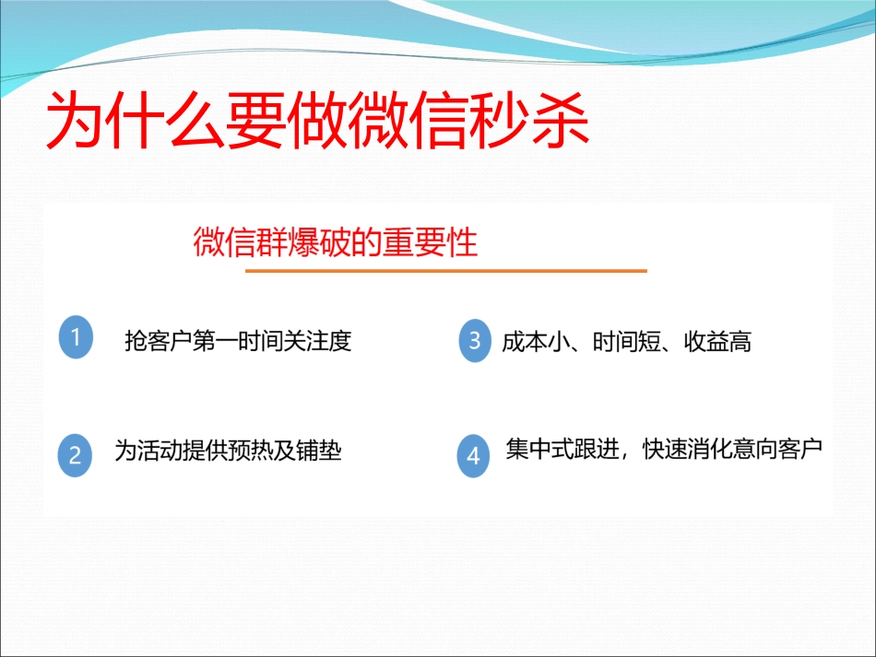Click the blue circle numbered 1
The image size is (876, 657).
[76, 337]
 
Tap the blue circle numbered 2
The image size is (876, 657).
[75, 455]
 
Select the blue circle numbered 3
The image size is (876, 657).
[475, 341]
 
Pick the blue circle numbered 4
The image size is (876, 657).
[473, 456]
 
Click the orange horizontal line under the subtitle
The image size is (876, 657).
[445, 271]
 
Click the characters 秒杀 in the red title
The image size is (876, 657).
[529, 121]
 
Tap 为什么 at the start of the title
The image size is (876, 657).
[136, 121]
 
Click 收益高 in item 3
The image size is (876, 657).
[717, 342]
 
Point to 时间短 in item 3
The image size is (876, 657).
[626, 342]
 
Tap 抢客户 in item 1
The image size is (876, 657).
[158, 341]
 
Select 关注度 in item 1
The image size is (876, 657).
[318, 341]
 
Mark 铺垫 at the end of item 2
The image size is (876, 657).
[319, 451]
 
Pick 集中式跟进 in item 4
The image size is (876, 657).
[562, 449]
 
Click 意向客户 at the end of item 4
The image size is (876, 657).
[777, 449]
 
